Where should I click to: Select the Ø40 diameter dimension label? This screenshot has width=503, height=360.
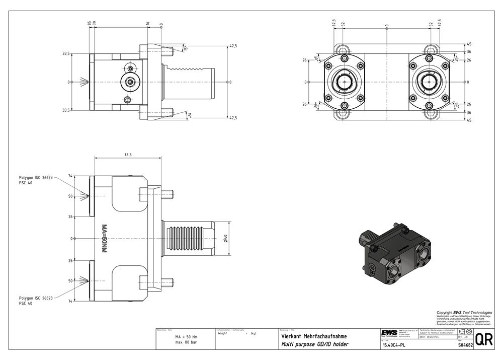point(226,238)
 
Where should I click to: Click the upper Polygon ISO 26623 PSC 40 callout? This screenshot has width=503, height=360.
point(36,180)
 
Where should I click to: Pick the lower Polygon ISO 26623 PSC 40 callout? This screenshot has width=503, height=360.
point(36,301)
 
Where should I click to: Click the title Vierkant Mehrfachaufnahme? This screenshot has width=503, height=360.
point(313,336)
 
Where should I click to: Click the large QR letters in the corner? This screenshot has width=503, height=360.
point(483,340)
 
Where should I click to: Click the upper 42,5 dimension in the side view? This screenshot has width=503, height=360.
point(233,46)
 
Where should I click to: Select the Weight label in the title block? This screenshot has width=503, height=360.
point(223,333)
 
